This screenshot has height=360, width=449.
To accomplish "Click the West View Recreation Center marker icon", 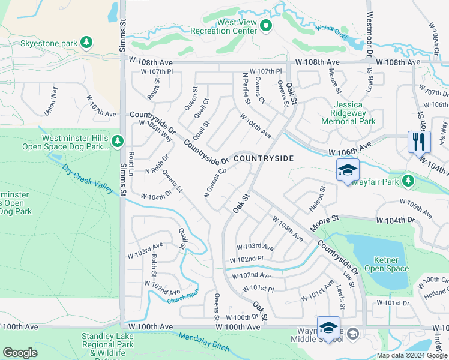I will (267, 26).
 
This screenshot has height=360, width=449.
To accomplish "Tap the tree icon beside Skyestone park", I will (88, 42).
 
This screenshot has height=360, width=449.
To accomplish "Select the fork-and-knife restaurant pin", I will (418, 142).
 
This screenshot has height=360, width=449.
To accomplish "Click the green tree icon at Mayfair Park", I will (408, 181).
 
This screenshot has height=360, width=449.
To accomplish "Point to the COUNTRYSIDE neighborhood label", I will (263, 158).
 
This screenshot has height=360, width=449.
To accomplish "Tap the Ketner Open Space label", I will (387, 264).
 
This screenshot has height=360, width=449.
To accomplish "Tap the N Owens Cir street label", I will (215, 182).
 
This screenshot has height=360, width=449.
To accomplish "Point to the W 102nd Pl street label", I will (247, 259).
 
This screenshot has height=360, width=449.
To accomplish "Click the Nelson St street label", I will (321, 196).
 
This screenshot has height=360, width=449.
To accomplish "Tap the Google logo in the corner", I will (20, 353).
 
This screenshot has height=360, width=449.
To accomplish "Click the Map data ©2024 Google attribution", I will (411, 355).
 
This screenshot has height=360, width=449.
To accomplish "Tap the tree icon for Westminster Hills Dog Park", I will (118, 141).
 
